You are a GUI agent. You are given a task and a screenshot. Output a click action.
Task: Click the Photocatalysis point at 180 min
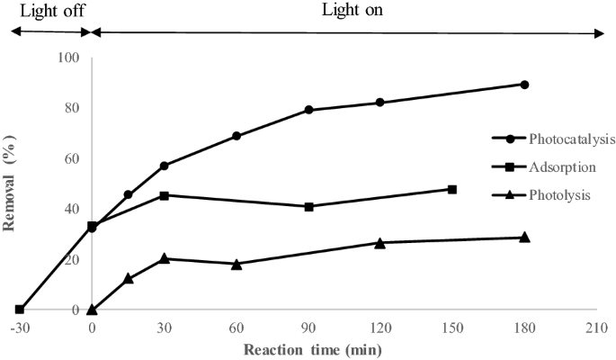coord(524,85)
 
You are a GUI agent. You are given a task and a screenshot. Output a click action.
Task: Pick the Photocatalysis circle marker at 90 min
coord(308,110)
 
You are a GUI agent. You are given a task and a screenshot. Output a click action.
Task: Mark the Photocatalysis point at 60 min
coord(237,136)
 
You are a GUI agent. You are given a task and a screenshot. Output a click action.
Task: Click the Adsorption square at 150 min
coord(452,189)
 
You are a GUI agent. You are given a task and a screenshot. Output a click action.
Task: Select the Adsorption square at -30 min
coord(20,310)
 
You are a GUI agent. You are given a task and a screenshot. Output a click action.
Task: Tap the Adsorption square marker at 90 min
coord(308,206)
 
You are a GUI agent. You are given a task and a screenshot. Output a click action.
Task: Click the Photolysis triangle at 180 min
coord(524,238)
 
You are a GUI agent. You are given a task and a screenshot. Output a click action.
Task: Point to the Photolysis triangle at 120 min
coord(380,243)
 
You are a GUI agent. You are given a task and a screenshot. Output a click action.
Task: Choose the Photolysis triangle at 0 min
coord(92,309)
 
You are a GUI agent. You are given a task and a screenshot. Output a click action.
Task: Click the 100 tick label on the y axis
coord(69,58)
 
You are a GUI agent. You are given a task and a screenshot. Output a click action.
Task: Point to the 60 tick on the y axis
coord(73,158)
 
